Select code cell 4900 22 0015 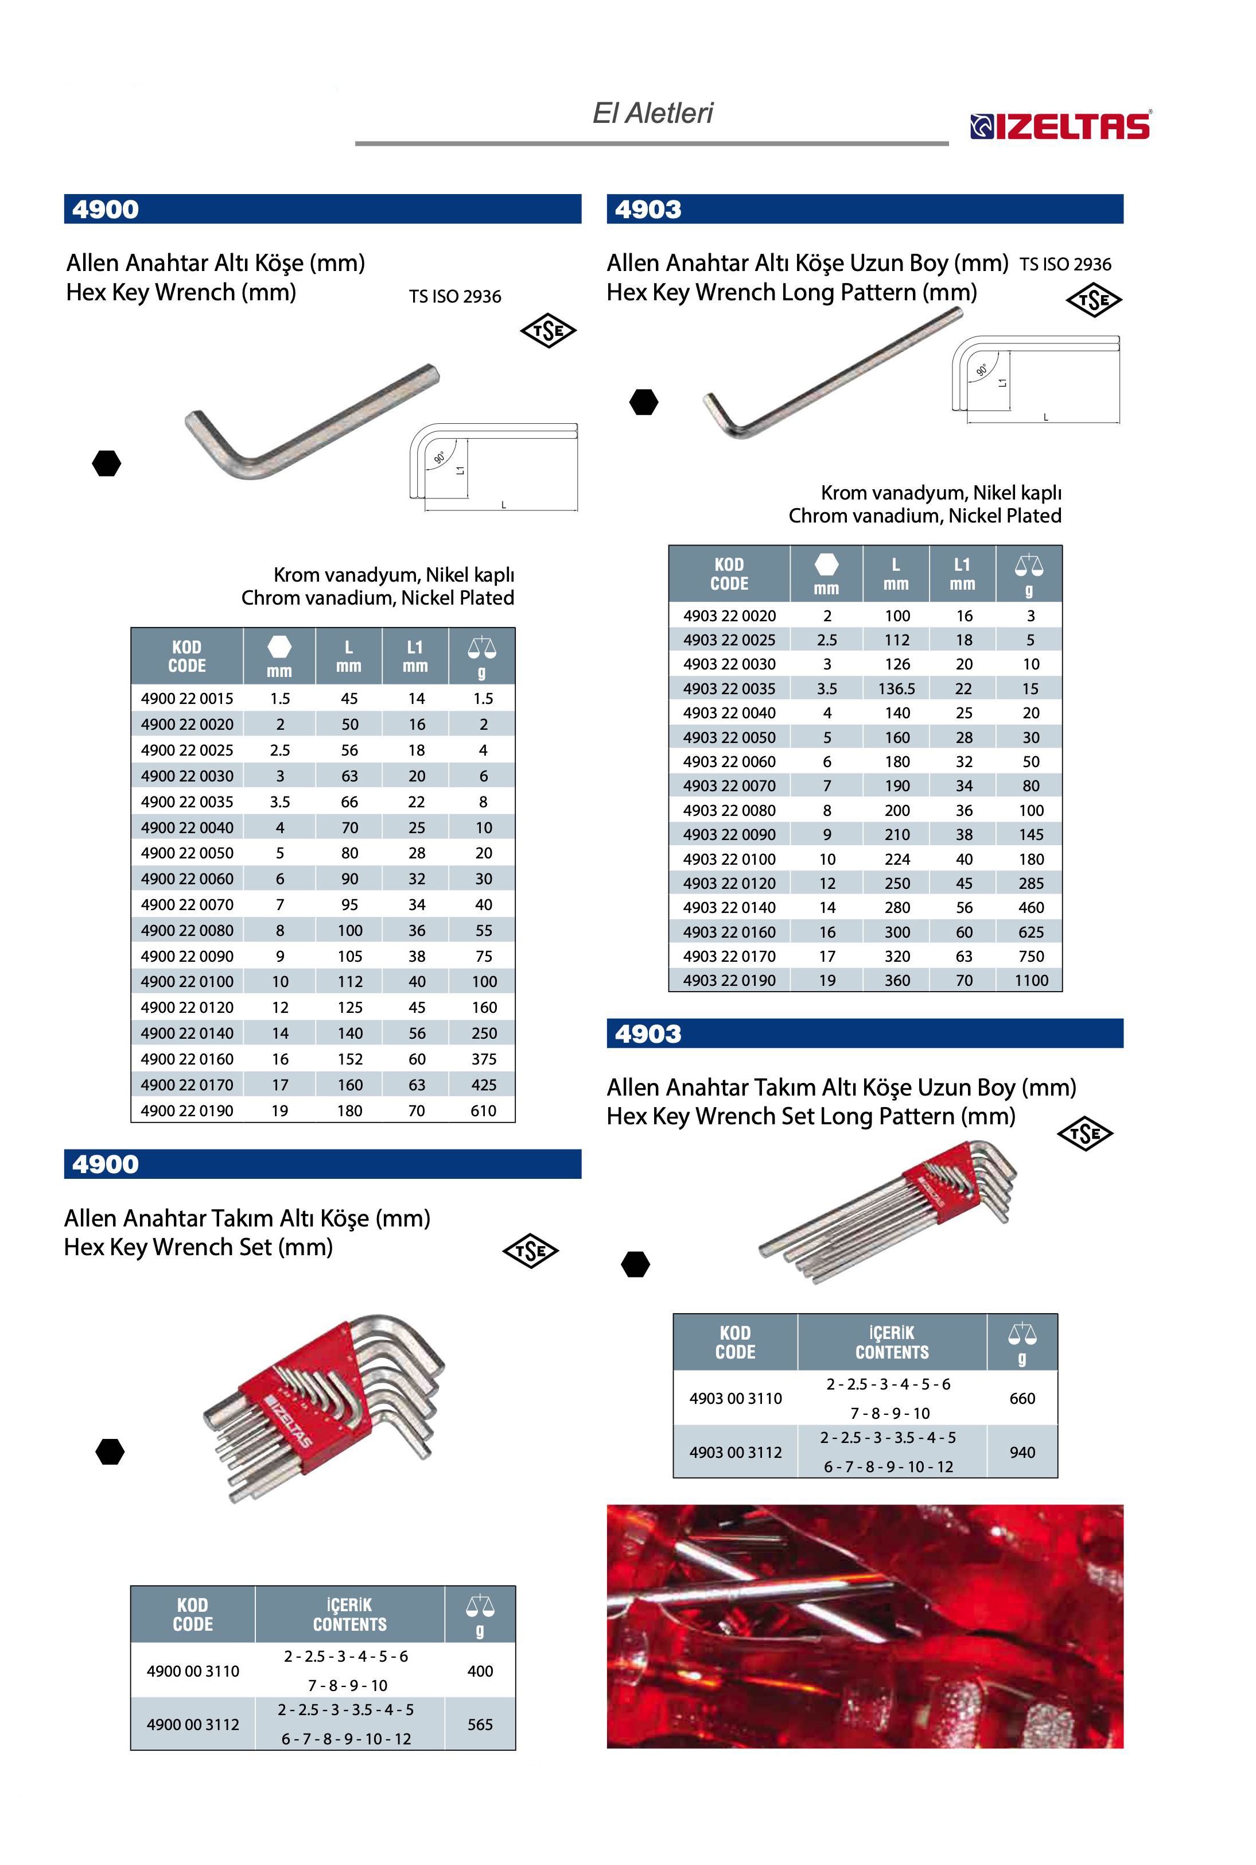coord(186,698)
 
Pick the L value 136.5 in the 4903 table coord(896,688)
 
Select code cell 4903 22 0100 coord(729,859)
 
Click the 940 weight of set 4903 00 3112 coord(1022,1452)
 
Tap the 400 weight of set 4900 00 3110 coord(480,1670)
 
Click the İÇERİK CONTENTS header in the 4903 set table coord(892,1342)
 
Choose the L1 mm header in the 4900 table coord(415,656)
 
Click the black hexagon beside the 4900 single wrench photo coord(107,463)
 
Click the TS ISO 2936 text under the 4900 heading coord(455,296)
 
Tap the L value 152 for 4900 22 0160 coord(349,1059)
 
